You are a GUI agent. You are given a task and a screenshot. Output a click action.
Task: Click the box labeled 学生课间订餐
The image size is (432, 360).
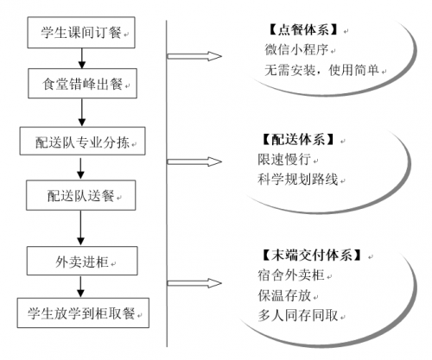pos(81,33)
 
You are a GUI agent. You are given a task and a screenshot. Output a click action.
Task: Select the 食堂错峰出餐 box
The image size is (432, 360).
pos(82,84)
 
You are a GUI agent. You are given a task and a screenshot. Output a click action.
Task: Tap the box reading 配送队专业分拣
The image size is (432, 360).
pos(82,141)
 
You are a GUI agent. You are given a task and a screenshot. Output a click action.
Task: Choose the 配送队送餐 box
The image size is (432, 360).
pos(81,195)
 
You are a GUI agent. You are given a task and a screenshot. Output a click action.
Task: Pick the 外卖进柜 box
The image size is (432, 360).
pos(82,261)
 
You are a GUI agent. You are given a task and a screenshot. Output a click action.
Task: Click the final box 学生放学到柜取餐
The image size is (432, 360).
pos(83,313)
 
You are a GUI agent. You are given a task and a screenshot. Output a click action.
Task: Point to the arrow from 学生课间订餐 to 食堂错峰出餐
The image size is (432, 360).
pos(82,59)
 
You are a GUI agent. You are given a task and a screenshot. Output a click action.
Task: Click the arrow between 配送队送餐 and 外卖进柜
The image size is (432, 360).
pos(80,228)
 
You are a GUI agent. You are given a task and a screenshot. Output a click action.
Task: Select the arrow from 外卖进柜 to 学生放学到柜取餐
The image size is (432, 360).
pos(80,287)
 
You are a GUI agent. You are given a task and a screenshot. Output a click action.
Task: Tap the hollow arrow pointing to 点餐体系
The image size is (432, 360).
pos(194,56)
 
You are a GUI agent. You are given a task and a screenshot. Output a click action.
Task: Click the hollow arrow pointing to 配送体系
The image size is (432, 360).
pos(194,161)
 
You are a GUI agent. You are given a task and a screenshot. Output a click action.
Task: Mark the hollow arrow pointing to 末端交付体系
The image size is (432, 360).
pos(194,283)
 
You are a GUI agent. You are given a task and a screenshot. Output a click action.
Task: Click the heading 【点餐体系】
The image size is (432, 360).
pos(303,30)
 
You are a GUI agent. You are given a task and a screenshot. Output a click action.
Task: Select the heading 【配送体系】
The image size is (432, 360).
pos(298,140)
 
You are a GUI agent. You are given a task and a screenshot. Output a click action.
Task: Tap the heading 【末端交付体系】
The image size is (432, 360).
pos(312,255)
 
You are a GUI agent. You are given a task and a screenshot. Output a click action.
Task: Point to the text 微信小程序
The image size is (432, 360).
pos(296,49)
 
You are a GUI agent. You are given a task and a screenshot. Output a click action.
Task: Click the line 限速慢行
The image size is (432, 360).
pos(284,159)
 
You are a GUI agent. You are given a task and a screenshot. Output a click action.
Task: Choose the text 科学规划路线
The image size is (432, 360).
pos(298,180)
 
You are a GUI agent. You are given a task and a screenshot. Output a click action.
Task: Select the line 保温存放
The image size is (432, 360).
pos(284,295)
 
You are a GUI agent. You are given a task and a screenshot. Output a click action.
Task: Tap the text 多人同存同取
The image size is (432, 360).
pos(298,315)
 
